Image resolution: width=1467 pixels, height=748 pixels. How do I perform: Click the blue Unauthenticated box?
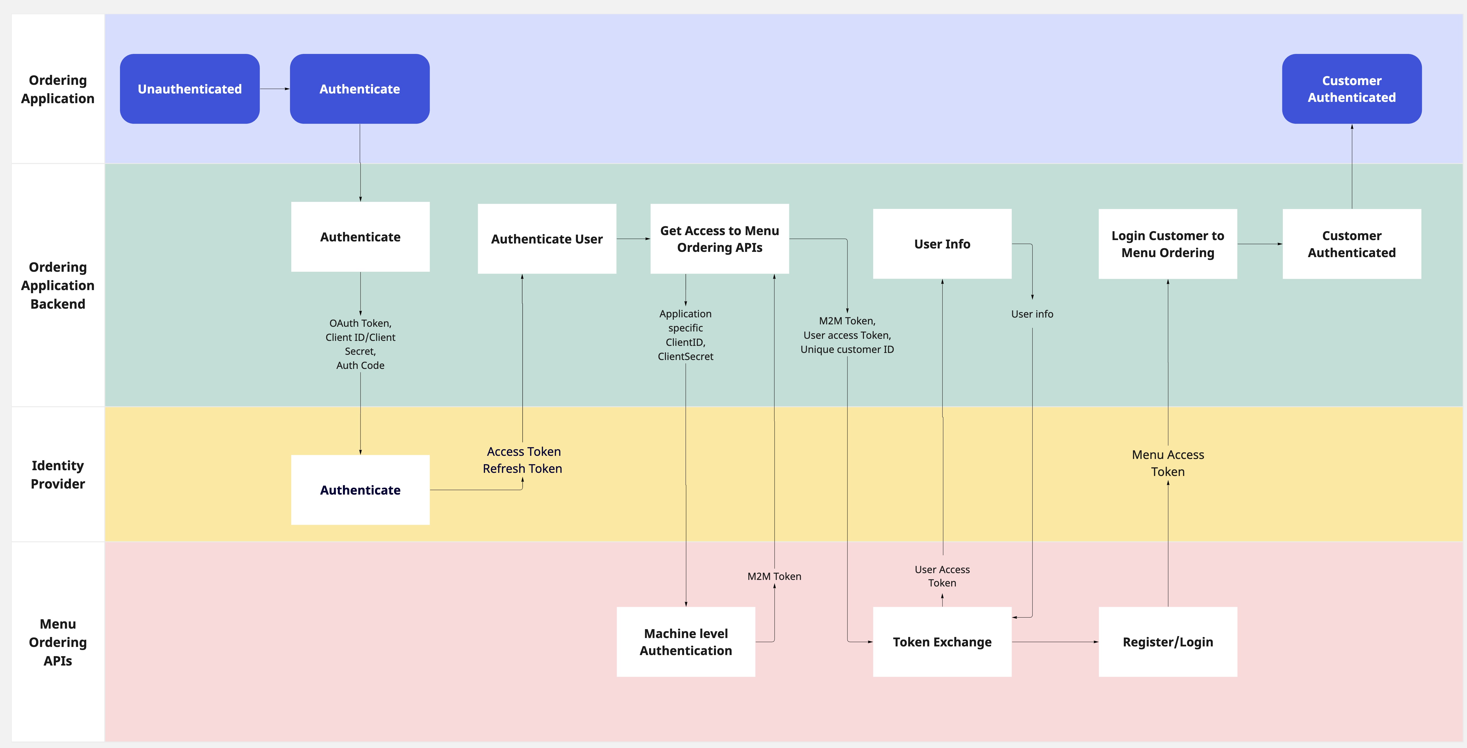coord(190,89)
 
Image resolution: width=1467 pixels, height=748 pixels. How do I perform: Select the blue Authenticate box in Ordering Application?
coord(359,89)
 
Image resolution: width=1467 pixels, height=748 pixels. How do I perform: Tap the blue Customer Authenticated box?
coord(1351,89)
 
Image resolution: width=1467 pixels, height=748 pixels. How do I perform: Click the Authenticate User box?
coord(547,239)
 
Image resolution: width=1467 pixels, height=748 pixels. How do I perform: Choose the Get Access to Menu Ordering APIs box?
coord(719,239)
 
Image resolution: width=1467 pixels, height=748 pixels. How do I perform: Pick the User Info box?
coord(942,244)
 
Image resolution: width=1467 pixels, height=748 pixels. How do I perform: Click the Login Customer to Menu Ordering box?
coord(1168,244)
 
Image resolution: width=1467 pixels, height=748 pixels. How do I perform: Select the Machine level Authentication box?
coord(686,641)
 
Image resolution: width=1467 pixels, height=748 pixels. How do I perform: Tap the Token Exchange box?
coord(942,641)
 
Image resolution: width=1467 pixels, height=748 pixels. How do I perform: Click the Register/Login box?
coord(1168,641)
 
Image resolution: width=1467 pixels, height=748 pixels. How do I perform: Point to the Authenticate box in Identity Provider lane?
coord(360,490)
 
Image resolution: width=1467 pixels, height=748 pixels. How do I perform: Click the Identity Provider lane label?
coord(58,474)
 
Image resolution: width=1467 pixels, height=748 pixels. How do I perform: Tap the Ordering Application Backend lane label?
coord(58,285)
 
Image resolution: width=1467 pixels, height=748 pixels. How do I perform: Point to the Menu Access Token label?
coord(1168,463)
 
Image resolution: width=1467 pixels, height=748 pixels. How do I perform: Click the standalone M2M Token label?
coord(774,576)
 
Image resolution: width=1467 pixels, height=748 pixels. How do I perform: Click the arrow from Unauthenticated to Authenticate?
coord(275,89)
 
